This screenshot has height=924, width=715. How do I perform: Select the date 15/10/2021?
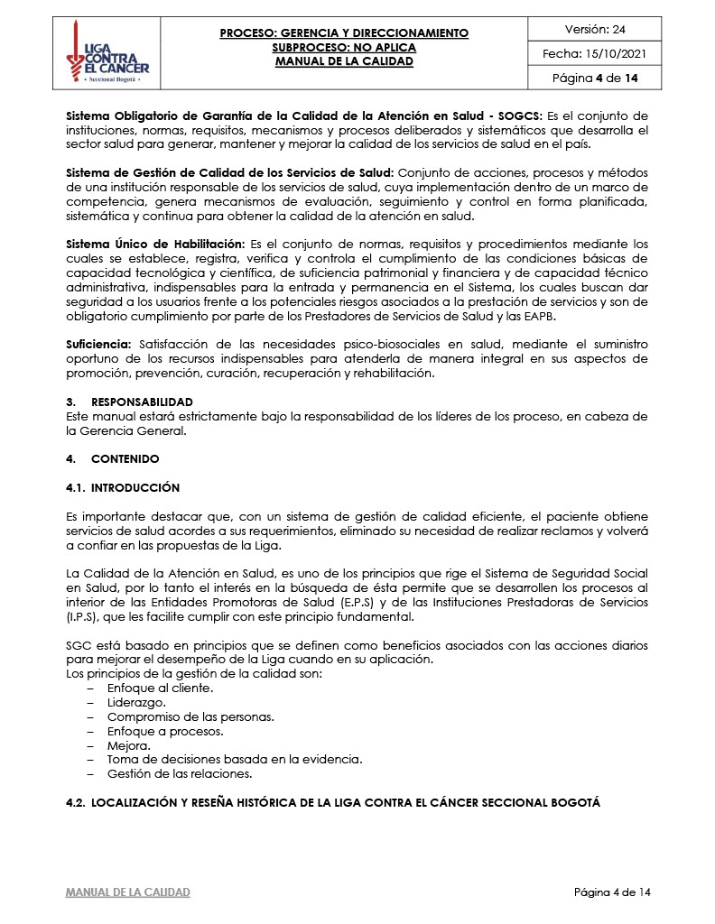click(x=620, y=54)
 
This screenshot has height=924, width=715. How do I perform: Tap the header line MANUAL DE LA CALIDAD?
click(x=344, y=61)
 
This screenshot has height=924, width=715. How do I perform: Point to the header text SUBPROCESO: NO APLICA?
click(x=344, y=47)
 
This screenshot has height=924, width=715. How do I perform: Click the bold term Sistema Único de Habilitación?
click(x=155, y=244)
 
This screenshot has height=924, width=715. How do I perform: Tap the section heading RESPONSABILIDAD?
click(x=142, y=402)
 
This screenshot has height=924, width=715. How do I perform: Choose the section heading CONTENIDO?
click(x=125, y=459)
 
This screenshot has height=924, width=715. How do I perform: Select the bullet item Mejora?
click(x=129, y=746)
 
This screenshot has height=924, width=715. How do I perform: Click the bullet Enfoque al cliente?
click(x=160, y=688)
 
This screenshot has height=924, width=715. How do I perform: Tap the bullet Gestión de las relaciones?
click(x=180, y=774)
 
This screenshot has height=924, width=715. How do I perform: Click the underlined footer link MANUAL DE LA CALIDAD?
click(x=128, y=892)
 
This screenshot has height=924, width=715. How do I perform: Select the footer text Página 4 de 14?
click(x=612, y=892)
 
